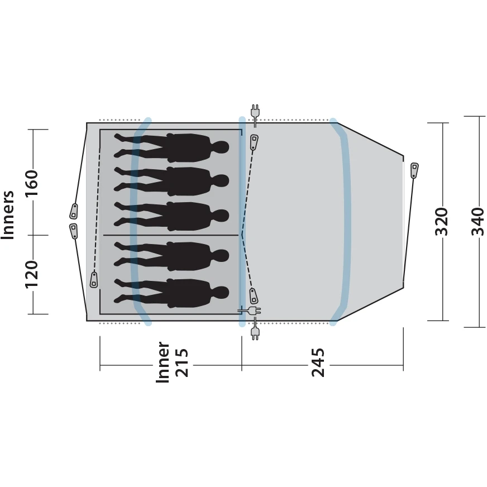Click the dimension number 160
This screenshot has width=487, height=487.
tap(32, 181)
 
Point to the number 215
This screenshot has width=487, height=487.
tap(182, 362)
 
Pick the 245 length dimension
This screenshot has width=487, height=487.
tap(318, 362)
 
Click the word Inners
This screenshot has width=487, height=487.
tap(8, 215)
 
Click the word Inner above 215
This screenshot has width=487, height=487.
tap(163, 362)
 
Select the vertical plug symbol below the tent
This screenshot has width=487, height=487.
tap(255, 331)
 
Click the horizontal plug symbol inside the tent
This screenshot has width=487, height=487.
tap(248, 310)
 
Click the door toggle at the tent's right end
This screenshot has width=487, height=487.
tap(414, 170)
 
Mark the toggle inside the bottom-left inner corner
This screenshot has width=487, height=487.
tap(94, 279)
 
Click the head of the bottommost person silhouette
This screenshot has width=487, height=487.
tap(221, 292)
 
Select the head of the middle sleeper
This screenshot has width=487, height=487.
tap(221, 216)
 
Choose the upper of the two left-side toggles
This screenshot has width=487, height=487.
tap(74, 211)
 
